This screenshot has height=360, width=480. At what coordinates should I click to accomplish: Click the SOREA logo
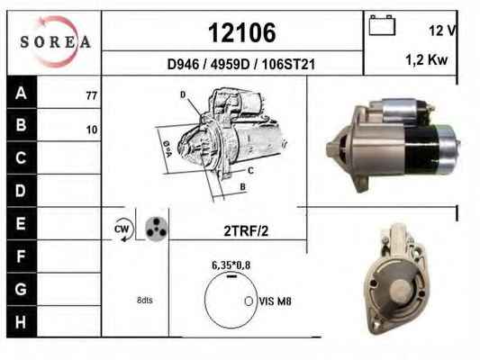[56, 41]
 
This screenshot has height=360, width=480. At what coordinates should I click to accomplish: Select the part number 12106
[242, 32]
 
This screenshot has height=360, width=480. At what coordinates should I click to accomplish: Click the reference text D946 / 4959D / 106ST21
[241, 64]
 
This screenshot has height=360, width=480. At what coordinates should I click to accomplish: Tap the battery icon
[382, 25]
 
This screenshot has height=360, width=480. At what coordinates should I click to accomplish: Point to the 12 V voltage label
[443, 31]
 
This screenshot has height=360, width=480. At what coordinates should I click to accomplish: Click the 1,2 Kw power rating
[427, 59]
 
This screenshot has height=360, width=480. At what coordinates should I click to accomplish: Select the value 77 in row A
[92, 96]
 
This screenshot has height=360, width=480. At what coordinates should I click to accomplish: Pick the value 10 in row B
[92, 130]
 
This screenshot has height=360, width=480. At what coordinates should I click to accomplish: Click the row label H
[21, 322]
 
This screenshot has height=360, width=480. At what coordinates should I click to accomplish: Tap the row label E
[21, 223]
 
